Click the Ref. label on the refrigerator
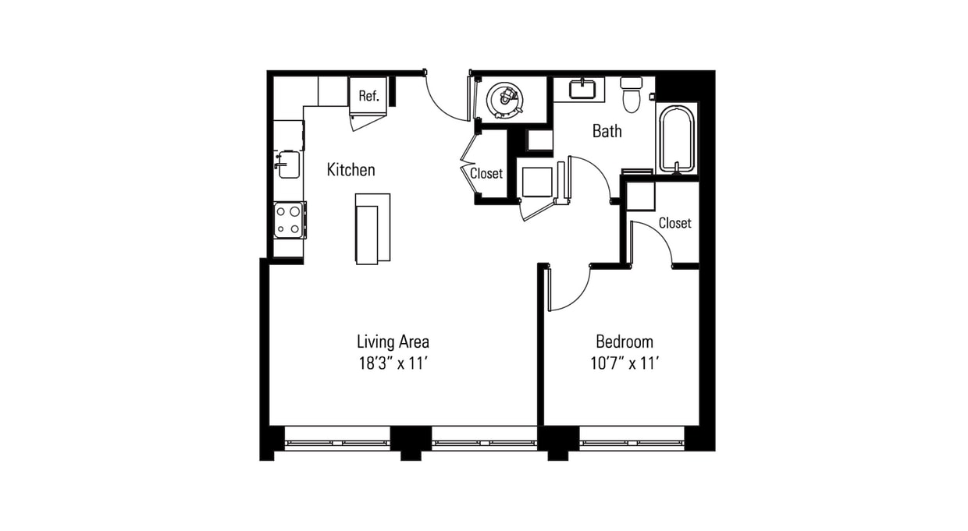pos(368,97)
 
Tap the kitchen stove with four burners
pos(289,219)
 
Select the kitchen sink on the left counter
pos(288,165)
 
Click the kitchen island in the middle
pos(372,229)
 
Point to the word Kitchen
pos(351,169)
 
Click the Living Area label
pos(393,342)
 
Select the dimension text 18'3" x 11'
pos(393,363)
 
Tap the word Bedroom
pos(624,342)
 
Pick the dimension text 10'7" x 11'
pos(624,363)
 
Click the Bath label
pos(607,131)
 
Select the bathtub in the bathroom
pos(676,139)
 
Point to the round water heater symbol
pos(505,99)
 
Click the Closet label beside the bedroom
pos(674,223)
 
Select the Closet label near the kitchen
pos(486,173)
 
